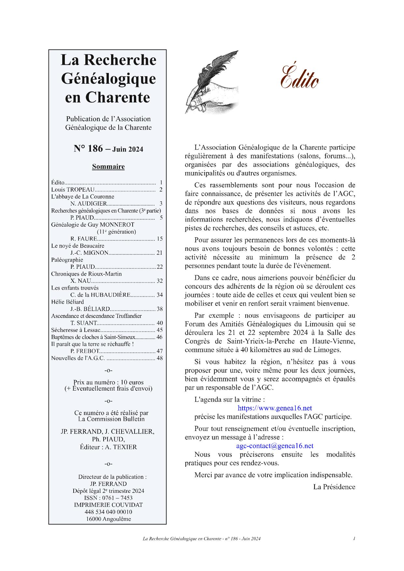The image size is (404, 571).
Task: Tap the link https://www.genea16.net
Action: (x=275, y=408)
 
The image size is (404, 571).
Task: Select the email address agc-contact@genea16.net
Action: (x=275, y=446)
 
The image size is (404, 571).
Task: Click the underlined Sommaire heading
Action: (x=108, y=167)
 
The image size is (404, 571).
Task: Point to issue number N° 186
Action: (x=88, y=149)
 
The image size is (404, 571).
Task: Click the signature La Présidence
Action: (x=334, y=487)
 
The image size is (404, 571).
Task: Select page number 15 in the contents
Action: (x=159, y=239)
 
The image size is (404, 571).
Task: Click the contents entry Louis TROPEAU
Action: (x=73, y=190)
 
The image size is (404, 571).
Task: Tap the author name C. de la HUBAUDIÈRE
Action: (x=101, y=295)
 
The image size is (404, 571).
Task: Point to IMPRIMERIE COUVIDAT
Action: (x=108, y=505)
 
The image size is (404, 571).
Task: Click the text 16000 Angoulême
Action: (x=108, y=519)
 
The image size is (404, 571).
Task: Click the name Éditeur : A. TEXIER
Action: (x=108, y=447)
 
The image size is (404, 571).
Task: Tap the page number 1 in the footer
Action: (x=354, y=539)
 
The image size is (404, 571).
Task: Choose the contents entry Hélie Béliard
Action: (x=67, y=302)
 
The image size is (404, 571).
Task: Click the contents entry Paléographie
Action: (x=67, y=260)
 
